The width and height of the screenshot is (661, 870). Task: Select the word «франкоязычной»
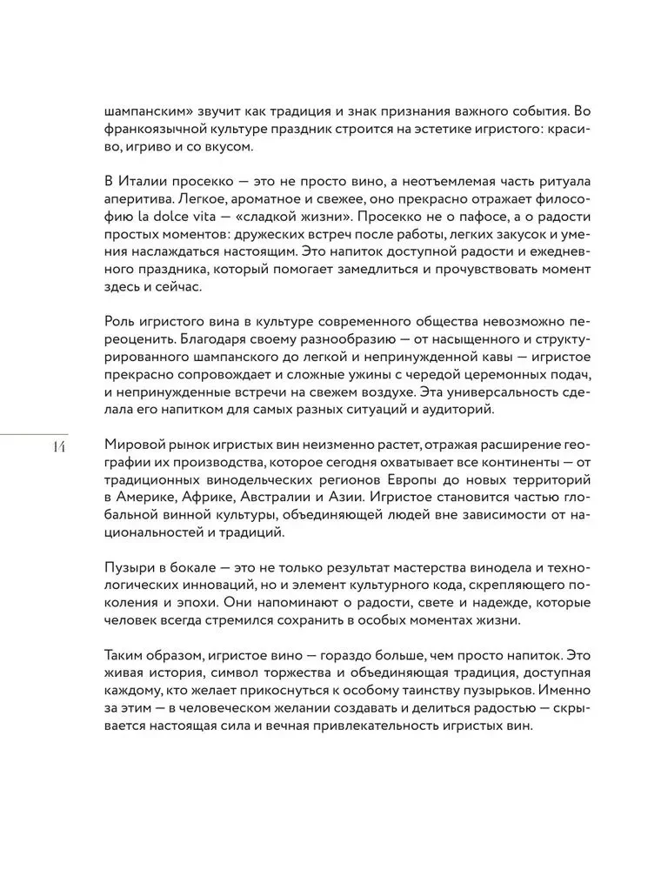point(153,130)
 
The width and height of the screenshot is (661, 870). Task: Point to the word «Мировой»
point(131,442)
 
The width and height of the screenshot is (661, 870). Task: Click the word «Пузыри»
point(130,563)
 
